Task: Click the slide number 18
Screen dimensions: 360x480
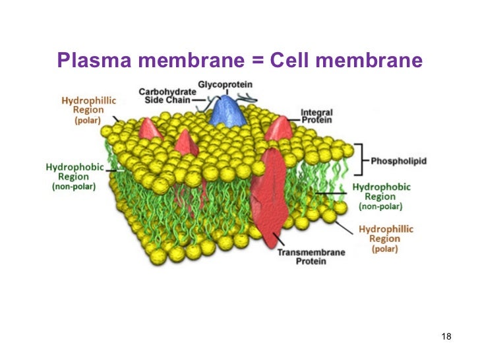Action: coord(446,338)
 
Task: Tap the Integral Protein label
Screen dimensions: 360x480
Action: coord(316,116)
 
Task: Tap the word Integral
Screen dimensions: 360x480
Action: coord(316,112)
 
